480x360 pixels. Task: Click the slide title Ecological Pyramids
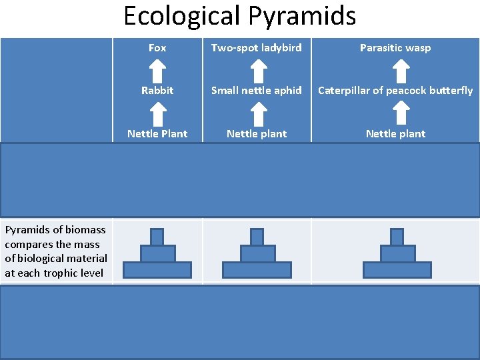239,16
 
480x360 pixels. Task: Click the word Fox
157,48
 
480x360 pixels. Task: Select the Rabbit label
157,91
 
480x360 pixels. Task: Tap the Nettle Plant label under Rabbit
157,133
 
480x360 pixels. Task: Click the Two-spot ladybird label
257,48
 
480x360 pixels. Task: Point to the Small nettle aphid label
257,91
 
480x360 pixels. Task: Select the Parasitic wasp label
395,48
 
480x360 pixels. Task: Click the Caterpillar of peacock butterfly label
395,91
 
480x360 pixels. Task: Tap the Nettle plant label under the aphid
257,133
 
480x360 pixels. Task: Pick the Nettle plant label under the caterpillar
395,133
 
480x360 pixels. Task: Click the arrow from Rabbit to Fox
157,69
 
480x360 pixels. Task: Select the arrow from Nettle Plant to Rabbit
157,113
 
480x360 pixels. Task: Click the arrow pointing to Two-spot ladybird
257,69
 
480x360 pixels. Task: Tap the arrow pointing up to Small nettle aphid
257,113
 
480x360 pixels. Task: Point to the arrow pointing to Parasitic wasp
400,69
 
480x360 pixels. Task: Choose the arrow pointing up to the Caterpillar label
400,113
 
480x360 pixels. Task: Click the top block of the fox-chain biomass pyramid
157,237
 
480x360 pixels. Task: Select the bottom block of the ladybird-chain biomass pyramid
257,270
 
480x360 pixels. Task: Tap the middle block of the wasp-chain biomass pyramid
397,253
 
